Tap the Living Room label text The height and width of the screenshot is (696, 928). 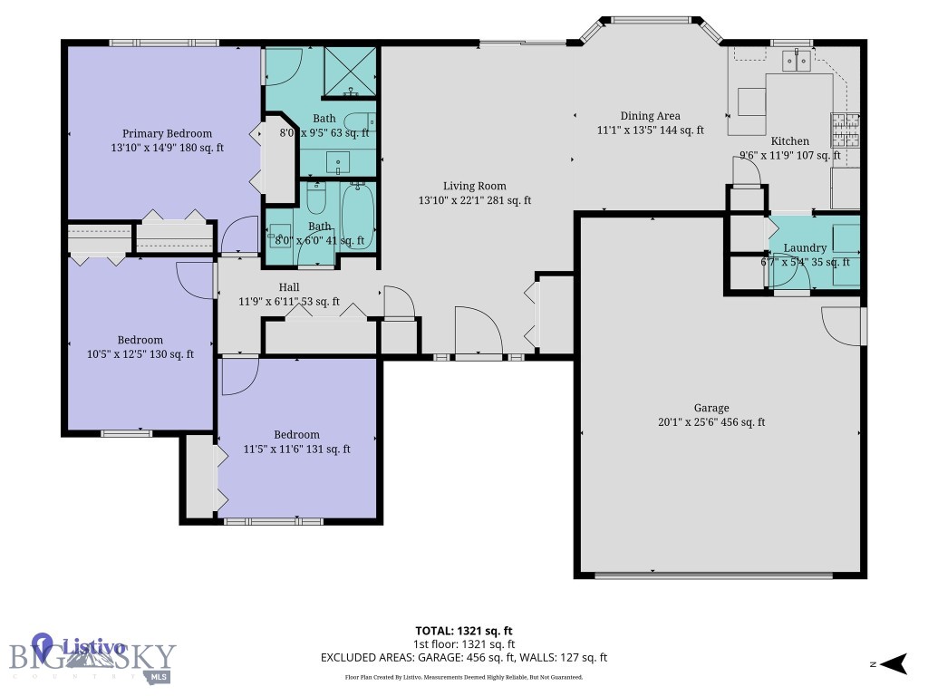(474, 186)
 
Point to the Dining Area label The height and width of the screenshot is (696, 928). (650, 116)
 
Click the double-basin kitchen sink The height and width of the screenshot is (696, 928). (797, 61)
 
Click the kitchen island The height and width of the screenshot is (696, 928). (751, 101)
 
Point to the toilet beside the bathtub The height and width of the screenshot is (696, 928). (316, 198)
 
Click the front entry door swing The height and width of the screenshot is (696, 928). (478, 333)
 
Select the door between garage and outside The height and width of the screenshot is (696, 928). (844, 326)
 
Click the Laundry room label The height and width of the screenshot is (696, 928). (805, 248)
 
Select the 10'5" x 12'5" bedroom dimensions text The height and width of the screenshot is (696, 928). (140, 354)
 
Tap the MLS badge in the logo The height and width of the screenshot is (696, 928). (159, 676)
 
